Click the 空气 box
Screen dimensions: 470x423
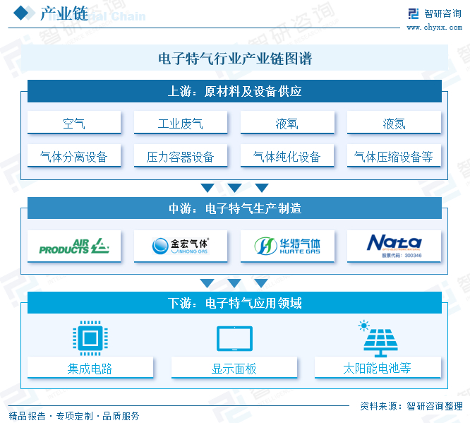(x=74, y=123)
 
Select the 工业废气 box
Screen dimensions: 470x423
(x=181, y=123)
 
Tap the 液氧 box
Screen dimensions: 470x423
(x=287, y=123)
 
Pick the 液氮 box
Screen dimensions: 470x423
(x=394, y=123)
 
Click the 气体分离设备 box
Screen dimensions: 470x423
(x=74, y=156)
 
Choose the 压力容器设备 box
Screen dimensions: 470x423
(x=181, y=156)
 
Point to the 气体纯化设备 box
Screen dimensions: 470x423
(x=287, y=156)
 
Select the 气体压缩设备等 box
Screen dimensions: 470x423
(x=394, y=156)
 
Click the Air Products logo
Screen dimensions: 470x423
(x=74, y=246)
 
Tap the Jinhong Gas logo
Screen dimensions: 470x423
(x=181, y=246)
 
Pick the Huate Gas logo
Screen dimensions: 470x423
(x=287, y=246)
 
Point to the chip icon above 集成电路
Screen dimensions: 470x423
(x=90, y=339)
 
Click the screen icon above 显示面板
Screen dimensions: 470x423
(x=234, y=339)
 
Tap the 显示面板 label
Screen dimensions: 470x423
(x=234, y=368)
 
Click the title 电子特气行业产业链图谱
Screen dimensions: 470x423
(x=235, y=59)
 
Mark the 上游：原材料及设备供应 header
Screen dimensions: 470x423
(x=235, y=92)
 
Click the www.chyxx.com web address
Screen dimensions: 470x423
(x=434, y=28)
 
